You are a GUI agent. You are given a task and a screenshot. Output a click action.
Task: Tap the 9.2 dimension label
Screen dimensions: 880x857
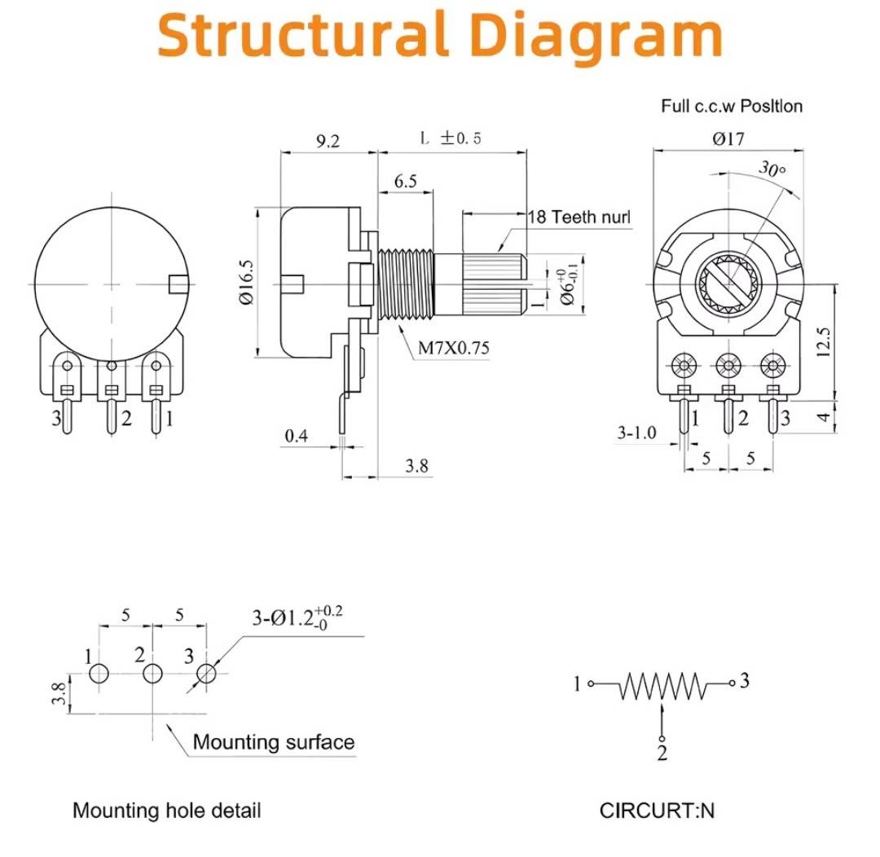point(328,140)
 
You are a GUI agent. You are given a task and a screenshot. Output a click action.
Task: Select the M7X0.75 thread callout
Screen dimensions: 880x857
point(454,349)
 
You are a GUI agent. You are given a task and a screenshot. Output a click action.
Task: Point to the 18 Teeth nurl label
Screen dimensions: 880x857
point(579,217)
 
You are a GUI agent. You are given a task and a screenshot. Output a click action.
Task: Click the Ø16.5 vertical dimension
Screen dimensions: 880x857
point(247,283)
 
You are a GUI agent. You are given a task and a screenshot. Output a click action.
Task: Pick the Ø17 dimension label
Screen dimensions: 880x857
point(728,138)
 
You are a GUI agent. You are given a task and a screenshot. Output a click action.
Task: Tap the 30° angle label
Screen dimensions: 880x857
point(772,169)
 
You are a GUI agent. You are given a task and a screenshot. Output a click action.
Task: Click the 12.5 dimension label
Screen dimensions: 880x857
point(823,342)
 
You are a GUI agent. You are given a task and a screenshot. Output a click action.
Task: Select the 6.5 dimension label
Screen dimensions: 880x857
point(405,182)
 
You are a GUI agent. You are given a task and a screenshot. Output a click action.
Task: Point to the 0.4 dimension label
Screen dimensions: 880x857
point(297,436)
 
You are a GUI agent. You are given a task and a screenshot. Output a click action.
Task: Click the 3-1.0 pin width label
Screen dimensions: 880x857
point(636,433)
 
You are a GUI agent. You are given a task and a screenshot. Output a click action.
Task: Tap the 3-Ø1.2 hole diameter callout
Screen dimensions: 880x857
point(297,618)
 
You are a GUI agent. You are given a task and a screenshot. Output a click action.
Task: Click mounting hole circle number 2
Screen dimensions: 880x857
point(152,674)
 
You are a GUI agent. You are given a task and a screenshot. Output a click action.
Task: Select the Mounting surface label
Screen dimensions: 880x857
point(274,742)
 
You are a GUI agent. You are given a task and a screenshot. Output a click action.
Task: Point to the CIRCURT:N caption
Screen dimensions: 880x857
point(658,811)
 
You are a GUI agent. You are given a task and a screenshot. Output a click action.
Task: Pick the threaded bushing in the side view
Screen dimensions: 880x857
point(406,284)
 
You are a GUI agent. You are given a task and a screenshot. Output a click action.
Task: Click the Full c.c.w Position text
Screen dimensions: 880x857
point(731,106)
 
